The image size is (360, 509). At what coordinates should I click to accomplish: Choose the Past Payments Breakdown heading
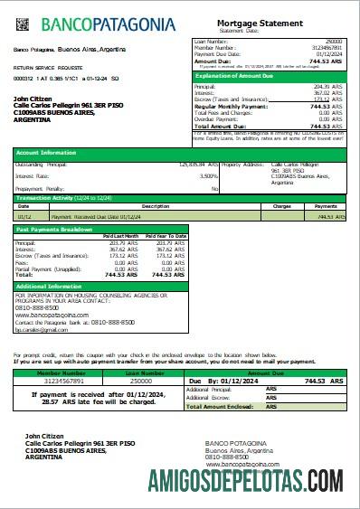55,230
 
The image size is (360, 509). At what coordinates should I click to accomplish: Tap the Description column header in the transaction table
156,206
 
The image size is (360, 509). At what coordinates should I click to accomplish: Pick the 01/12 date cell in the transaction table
24,216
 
